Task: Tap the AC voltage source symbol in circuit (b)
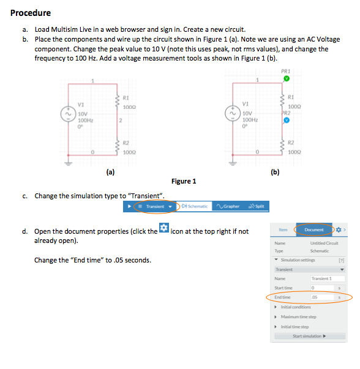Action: pyautogui.click(x=231, y=114)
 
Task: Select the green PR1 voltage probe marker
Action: pyautogui.click(x=285, y=79)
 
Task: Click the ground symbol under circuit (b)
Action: pyautogui.click(x=231, y=163)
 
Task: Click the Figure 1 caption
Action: pyautogui.click(x=184, y=181)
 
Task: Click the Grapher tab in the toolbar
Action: pyautogui.click(x=228, y=207)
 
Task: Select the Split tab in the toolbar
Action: pyautogui.click(x=257, y=207)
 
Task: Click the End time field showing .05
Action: pyautogui.click(x=321, y=298)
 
